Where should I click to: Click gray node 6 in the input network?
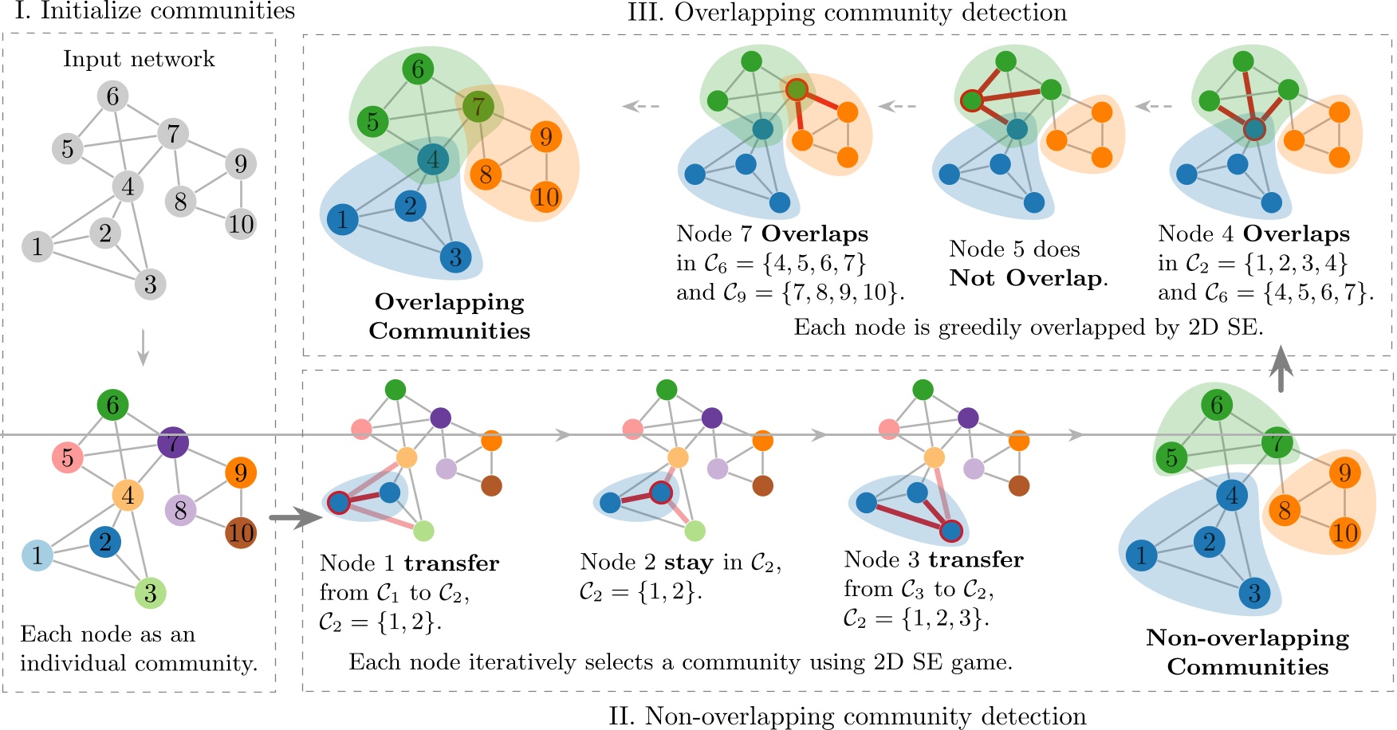tap(112, 96)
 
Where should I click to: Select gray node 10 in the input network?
tap(241, 224)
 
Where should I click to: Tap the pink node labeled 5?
tap(67, 457)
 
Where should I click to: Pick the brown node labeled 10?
tap(241, 532)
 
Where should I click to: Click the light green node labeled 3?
tap(150, 592)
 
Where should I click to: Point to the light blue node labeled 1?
tap(37, 555)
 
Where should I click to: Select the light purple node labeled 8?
tap(180, 510)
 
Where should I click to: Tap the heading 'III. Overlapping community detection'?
tap(847, 13)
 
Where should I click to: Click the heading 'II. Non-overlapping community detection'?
tap(847, 716)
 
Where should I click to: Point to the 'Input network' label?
tap(139, 59)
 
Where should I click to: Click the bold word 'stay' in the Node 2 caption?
tap(689, 563)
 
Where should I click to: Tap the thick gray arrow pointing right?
tap(294, 518)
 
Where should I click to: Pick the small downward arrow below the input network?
tap(143, 347)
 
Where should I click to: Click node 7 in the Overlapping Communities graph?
tap(478, 106)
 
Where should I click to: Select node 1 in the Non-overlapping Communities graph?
tap(1141, 555)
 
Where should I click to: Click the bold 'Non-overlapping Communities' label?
tap(1248, 652)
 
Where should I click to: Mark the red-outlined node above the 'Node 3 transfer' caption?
tap(950, 531)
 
